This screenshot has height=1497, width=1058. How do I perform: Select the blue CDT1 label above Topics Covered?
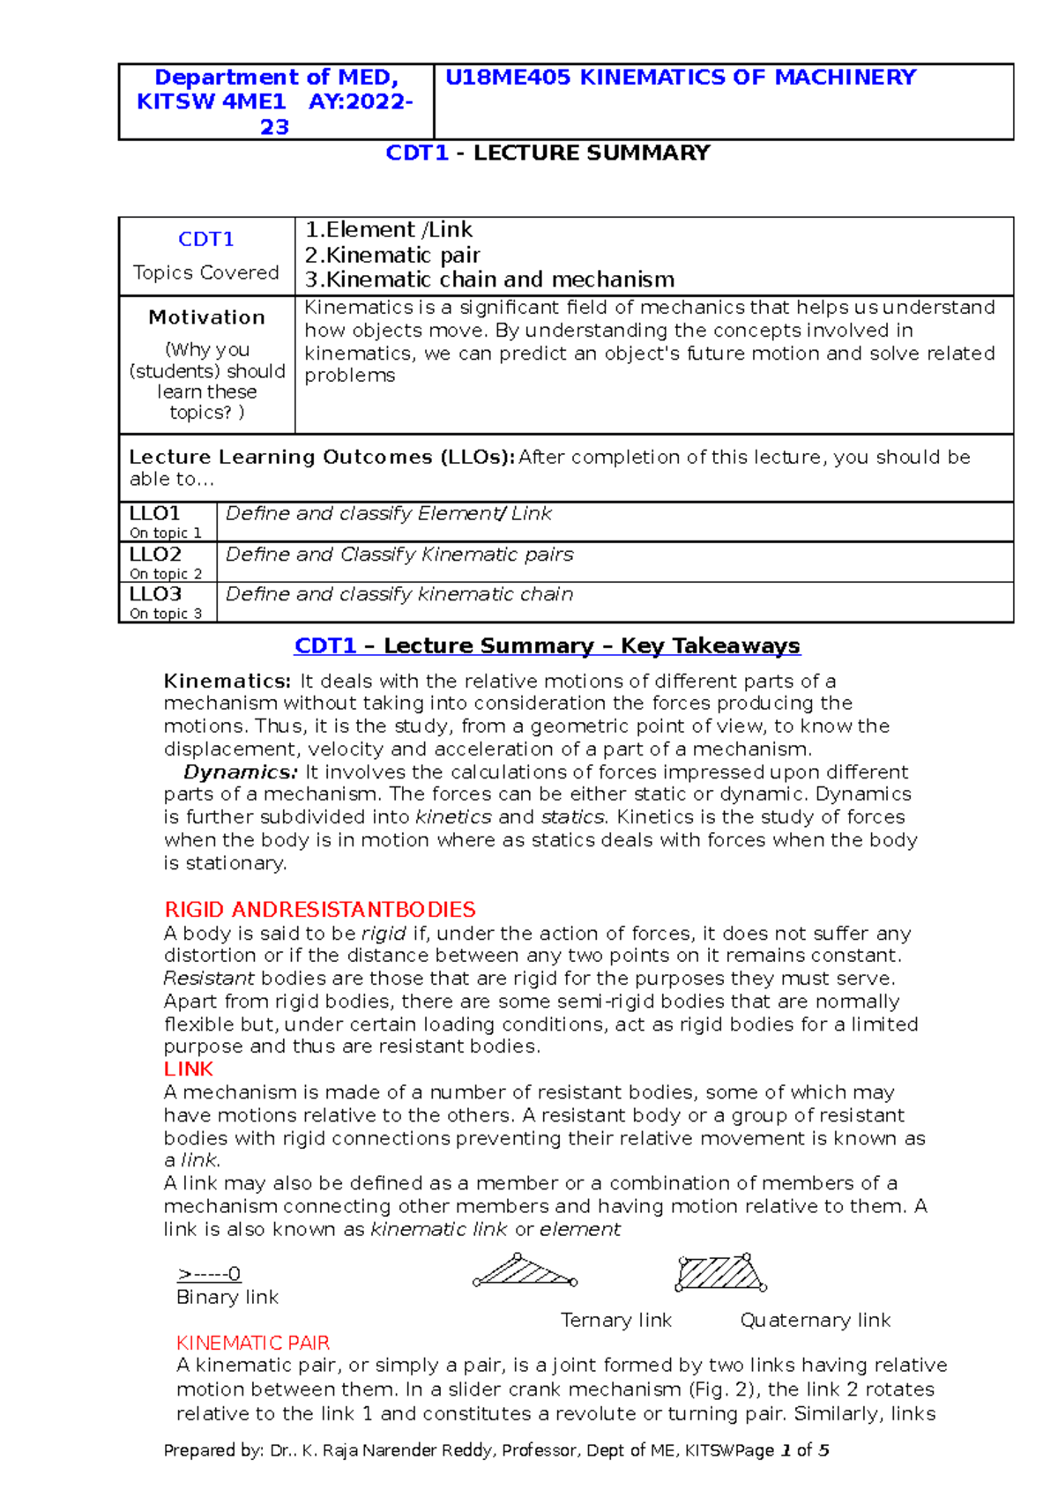tap(205, 239)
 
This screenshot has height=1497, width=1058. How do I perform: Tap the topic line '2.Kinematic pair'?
tap(392, 255)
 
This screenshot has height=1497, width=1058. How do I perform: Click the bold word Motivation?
tap(206, 317)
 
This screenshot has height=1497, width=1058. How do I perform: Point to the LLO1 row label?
tap(155, 513)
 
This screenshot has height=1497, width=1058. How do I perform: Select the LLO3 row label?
tap(155, 594)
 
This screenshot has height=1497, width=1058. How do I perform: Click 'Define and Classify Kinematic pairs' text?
tap(399, 555)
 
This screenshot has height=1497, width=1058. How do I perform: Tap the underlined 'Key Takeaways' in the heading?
tap(711, 646)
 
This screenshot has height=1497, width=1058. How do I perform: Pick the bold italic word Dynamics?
tap(241, 772)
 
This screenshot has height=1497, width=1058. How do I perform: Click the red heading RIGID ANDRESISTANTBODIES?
tap(319, 910)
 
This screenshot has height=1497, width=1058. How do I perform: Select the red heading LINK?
tap(188, 1069)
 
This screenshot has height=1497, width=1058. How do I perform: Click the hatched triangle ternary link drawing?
tap(525, 1272)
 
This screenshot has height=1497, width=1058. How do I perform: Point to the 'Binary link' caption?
tap(227, 1297)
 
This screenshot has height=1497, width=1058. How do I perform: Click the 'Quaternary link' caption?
tap(815, 1320)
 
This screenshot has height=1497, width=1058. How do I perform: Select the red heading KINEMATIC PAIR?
tap(253, 1343)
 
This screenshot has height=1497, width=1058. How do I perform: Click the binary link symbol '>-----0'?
tap(209, 1274)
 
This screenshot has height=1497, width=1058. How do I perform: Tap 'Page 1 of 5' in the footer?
tap(781, 1450)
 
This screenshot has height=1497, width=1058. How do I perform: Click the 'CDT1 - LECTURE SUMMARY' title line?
tap(548, 153)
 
